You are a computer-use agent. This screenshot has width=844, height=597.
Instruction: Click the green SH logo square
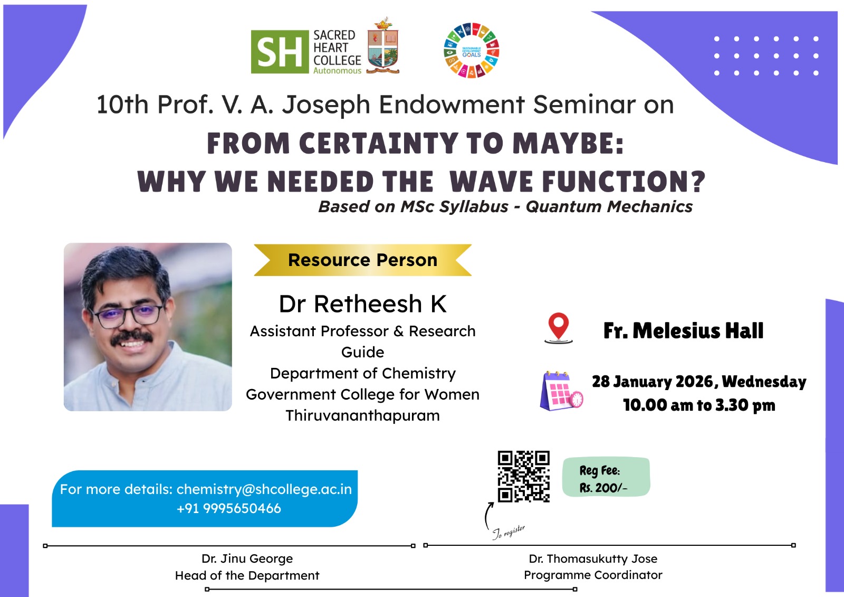coord(280,52)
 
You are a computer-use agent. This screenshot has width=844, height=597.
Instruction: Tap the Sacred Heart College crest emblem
coord(383,45)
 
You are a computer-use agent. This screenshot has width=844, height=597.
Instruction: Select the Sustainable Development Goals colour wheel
coord(472,50)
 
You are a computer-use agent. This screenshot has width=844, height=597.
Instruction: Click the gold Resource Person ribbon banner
coord(362,260)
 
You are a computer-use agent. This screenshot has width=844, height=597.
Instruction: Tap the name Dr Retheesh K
coord(362,304)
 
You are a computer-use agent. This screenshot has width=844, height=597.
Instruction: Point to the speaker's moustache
coord(132,337)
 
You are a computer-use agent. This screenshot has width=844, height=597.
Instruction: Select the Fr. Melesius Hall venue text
coord(683,331)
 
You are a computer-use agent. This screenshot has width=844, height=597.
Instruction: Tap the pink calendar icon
coord(561,391)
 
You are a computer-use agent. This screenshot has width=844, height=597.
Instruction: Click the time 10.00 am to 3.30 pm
coord(699,405)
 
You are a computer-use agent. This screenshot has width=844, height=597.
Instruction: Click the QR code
coord(524,476)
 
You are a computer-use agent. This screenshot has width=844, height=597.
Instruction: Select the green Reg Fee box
coord(606,477)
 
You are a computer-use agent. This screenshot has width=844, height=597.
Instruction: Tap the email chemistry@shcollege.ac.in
coord(264,489)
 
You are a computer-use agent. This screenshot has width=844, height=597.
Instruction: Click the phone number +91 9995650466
coord(229,508)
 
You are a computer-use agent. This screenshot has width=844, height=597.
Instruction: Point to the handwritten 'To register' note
coord(509,532)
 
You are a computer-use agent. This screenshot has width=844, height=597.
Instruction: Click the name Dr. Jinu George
coord(247,558)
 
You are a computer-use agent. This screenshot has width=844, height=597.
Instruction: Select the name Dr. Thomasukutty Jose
coord(593,558)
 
